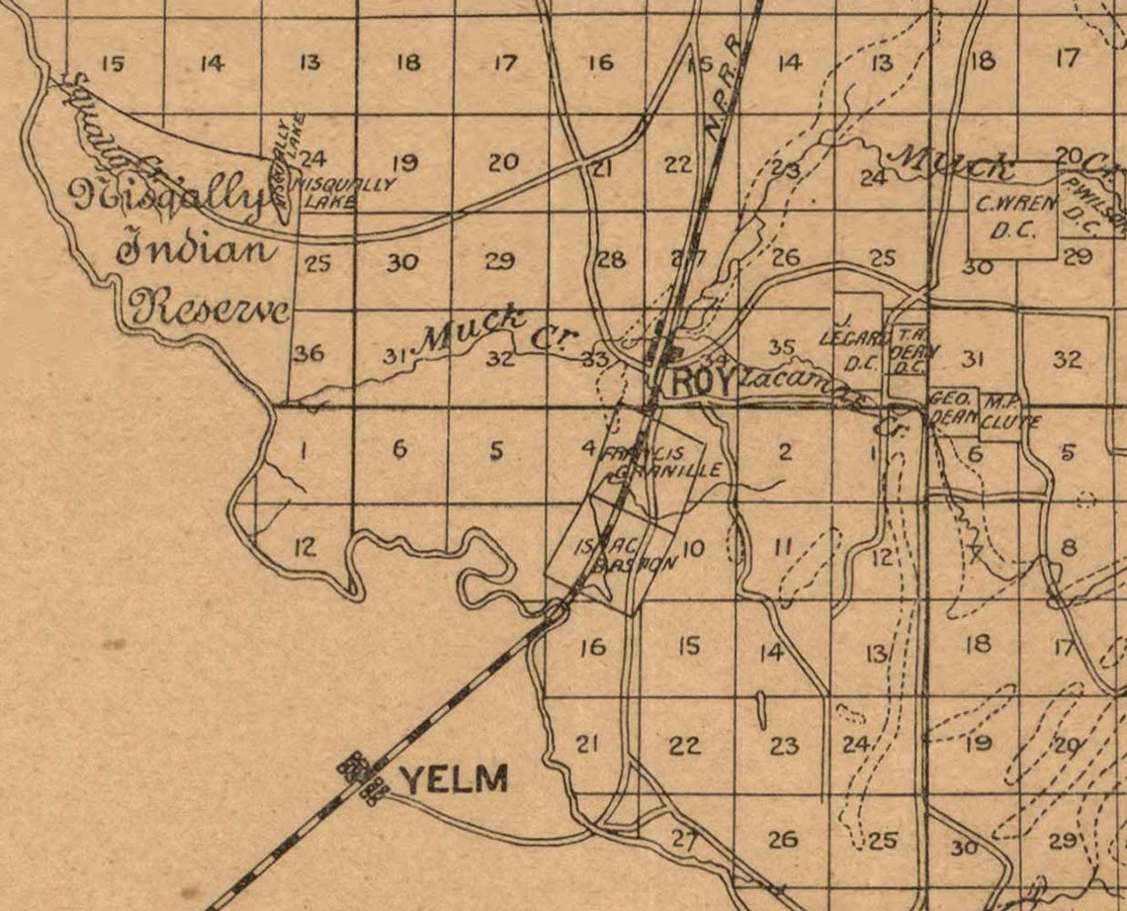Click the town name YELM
point(454,778)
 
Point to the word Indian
point(196,248)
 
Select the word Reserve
point(210,309)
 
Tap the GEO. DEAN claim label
point(952,408)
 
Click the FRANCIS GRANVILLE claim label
point(652,462)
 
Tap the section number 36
point(309,353)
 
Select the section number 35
point(782,347)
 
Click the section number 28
point(612,261)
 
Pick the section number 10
point(693,547)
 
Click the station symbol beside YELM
point(362,777)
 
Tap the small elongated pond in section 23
point(759,708)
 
